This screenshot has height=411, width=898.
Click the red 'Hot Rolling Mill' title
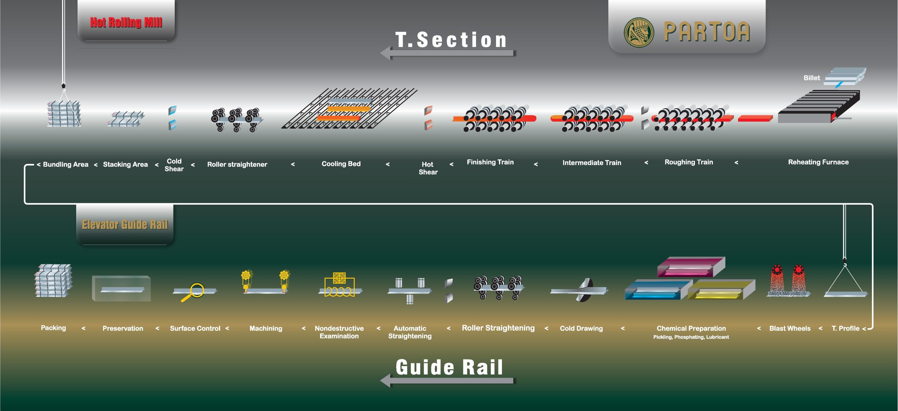click(x=126, y=22)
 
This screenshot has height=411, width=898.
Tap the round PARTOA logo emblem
click(x=639, y=32)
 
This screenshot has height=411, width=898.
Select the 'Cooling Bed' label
click(x=341, y=164)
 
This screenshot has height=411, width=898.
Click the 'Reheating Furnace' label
click(x=818, y=162)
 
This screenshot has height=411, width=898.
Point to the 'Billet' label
click(x=811, y=78)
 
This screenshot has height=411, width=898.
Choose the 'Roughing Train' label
click(x=689, y=162)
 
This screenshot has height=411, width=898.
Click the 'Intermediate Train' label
click(x=592, y=163)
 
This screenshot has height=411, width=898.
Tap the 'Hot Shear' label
click(x=428, y=168)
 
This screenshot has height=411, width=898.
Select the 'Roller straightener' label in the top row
click(x=237, y=165)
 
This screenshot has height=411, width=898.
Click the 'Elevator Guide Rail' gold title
click(x=125, y=225)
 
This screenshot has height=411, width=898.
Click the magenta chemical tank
click(x=690, y=267)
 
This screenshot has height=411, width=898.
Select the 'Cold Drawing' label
click(x=581, y=329)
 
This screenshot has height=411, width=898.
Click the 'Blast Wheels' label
click(x=790, y=329)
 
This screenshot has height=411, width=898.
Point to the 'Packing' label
click(x=53, y=328)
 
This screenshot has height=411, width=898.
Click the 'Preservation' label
click(x=123, y=329)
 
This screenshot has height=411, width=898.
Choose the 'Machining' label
click(x=266, y=329)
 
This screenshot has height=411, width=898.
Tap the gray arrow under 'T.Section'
click(x=447, y=53)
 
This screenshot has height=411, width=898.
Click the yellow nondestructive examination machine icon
click(x=339, y=285)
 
